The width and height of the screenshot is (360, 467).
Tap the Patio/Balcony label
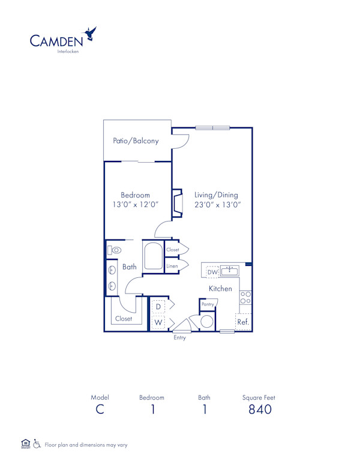pyautogui.click(x=136, y=141)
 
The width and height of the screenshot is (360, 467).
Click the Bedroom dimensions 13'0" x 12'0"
pyautogui.click(x=135, y=205)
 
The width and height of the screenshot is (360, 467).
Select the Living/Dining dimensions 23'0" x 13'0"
pyautogui.click(x=216, y=205)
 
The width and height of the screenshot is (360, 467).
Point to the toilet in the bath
pyautogui.click(x=115, y=250)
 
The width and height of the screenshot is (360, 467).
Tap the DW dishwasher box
pyautogui.click(x=212, y=272)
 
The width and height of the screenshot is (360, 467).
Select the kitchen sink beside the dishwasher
pyautogui.click(x=230, y=271)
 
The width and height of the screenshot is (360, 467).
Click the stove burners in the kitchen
pyautogui.click(x=245, y=297)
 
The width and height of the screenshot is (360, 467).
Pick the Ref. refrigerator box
pyautogui.click(x=243, y=322)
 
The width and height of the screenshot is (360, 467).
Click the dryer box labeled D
pyautogui.click(x=158, y=307)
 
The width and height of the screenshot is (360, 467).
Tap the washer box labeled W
pyautogui.click(x=158, y=322)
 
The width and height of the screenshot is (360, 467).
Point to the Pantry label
pyautogui.click(x=208, y=305)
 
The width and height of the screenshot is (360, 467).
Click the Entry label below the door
pyautogui.click(x=180, y=338)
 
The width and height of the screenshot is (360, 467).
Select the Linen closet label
pyautogui.click(x=172, y=265)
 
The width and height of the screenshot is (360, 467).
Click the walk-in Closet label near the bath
pyautogui.click(x=124, y=319)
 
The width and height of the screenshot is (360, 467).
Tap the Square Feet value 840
pyautogui.click(x=259, y=410)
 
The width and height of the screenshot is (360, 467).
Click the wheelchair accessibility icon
pyautogui.click(x=37, y=444)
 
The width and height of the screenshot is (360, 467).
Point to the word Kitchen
pyautogui.click(x=220, y=289)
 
